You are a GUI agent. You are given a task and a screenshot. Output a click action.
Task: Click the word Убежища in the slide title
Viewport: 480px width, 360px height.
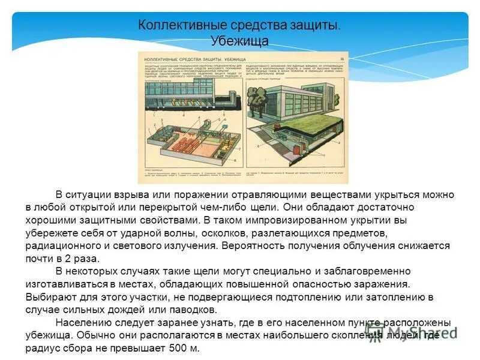tap(239, 41)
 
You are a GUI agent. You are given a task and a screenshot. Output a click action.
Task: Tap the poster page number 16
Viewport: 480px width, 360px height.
tap(341, 58)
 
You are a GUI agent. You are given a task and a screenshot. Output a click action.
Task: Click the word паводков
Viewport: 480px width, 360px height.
tap(193, 310)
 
